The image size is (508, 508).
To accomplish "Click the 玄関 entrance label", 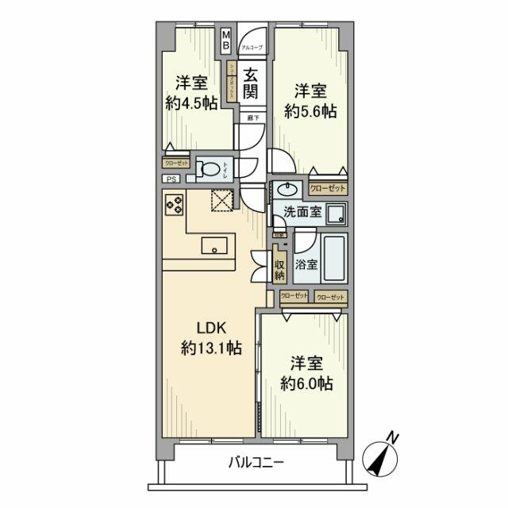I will pos(250,83).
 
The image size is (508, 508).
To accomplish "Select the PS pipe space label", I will pos(171,179).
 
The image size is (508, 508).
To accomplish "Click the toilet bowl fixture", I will pos(210,169).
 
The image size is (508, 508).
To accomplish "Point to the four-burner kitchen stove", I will pos(174,206).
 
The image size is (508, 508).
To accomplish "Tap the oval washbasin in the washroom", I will pos(287,190).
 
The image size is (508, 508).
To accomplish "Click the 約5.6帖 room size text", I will pos(310,112).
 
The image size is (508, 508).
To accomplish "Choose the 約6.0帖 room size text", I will pos(306,383).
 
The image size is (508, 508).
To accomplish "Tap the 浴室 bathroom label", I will pos(307,264).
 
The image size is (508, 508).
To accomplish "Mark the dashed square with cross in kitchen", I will pos(221,204).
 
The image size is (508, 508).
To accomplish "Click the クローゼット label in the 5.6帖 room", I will pos(327,189).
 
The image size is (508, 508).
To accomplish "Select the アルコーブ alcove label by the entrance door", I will pos(252,48).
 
